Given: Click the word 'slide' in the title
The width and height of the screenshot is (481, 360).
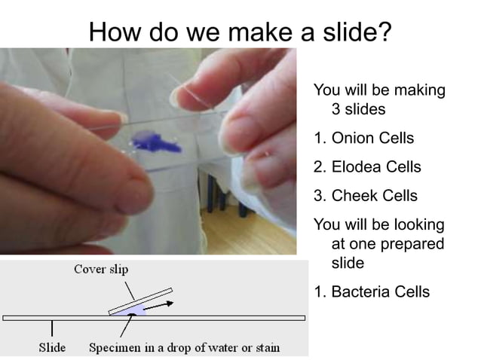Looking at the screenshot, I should [346, 32].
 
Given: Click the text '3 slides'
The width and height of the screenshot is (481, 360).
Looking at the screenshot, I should [358, 109].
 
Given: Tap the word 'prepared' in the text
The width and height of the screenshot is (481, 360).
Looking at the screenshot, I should [411, 244].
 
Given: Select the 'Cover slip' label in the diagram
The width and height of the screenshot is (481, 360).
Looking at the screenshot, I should [101, 270].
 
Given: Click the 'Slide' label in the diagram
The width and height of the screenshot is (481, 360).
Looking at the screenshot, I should [52, 347].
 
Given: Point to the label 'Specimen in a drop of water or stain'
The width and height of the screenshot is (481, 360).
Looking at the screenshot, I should [184, 347].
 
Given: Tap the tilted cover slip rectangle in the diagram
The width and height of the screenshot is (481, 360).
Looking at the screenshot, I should [140, 301].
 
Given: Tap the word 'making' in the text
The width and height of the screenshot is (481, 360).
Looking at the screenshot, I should [418, 90].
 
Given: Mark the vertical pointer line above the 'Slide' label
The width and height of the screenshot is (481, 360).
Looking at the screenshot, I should [52, 329].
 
